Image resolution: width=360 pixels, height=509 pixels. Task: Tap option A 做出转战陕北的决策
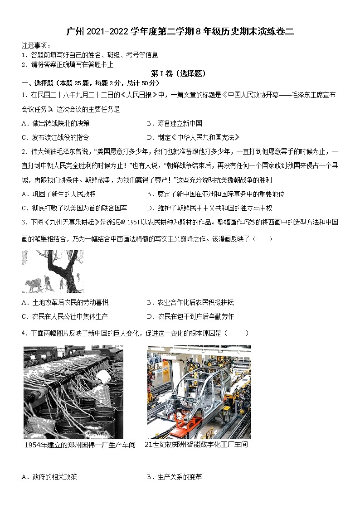(x=55, y=123)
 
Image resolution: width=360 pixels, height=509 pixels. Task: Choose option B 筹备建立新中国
(x=175, y=123)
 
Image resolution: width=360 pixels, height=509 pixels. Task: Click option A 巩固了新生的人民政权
(x=58, y=194)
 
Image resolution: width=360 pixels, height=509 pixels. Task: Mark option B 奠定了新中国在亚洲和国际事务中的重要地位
(x=215, y=194)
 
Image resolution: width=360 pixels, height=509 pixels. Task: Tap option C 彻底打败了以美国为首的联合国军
(x=74, y=208)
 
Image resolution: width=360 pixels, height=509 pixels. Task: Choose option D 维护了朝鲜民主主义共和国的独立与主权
(x=209, y=208)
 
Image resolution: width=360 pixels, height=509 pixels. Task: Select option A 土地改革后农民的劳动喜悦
(x=65, y=302)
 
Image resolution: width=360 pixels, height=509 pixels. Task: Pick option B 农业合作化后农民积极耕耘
(x=190, y=302)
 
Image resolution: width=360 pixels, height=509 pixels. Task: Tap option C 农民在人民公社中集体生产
(x=65, y=316)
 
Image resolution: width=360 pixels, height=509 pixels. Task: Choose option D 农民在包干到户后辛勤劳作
(x=190, y=316)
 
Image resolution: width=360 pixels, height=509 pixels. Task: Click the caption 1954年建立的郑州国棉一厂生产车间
(x=80, y=445)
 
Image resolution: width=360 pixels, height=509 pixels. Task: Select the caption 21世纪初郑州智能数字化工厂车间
(x=196, y=445)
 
